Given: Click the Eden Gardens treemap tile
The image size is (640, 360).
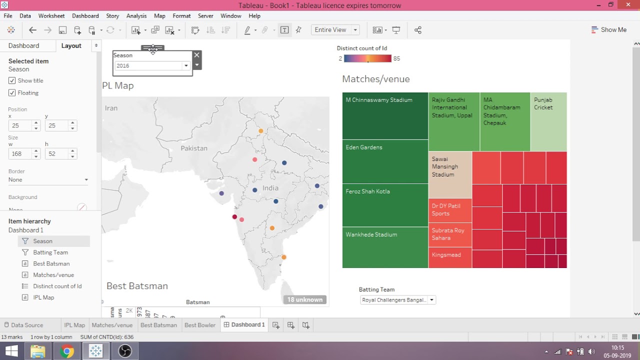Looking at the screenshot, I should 385,161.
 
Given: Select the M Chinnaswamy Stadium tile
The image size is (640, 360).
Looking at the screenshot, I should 385,116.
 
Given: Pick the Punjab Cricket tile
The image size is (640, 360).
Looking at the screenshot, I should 548,121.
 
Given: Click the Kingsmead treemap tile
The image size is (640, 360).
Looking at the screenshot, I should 450,257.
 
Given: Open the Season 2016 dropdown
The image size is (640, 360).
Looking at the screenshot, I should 186,66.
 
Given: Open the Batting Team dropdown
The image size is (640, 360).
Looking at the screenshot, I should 431,300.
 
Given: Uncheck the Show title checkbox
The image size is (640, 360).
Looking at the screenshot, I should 12,80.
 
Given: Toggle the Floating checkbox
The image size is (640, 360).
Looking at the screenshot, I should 12,93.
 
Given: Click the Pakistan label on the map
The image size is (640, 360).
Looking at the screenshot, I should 194,148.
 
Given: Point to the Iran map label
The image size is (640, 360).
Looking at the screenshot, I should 111,108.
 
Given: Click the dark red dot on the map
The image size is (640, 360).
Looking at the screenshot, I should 234,216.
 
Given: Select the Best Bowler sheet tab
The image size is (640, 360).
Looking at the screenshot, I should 199,325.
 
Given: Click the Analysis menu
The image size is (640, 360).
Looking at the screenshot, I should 136,16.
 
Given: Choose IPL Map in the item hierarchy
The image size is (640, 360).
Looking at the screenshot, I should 43,297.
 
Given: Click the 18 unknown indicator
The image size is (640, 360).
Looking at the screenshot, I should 304,299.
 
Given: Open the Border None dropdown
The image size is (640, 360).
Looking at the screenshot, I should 48,180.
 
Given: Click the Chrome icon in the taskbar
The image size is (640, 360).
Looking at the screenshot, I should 66,351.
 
